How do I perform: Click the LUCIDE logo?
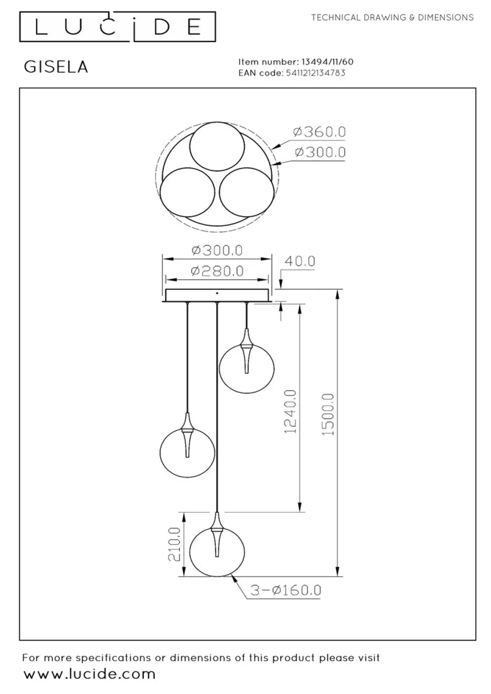[x=117, y=27]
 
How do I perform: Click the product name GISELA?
[x=56, y=67]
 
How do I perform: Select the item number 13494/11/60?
[x=327, y=62]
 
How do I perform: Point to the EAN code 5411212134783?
[x=316, y=73]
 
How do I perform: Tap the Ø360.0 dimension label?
[x=320, y=132]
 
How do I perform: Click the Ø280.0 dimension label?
[x=217, y=271]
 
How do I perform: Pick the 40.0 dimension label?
[x=299, y=261]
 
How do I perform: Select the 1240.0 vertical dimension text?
[x=291, y=412]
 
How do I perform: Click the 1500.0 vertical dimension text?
[x=328, y=415]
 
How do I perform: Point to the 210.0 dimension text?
[x=174, y=544]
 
